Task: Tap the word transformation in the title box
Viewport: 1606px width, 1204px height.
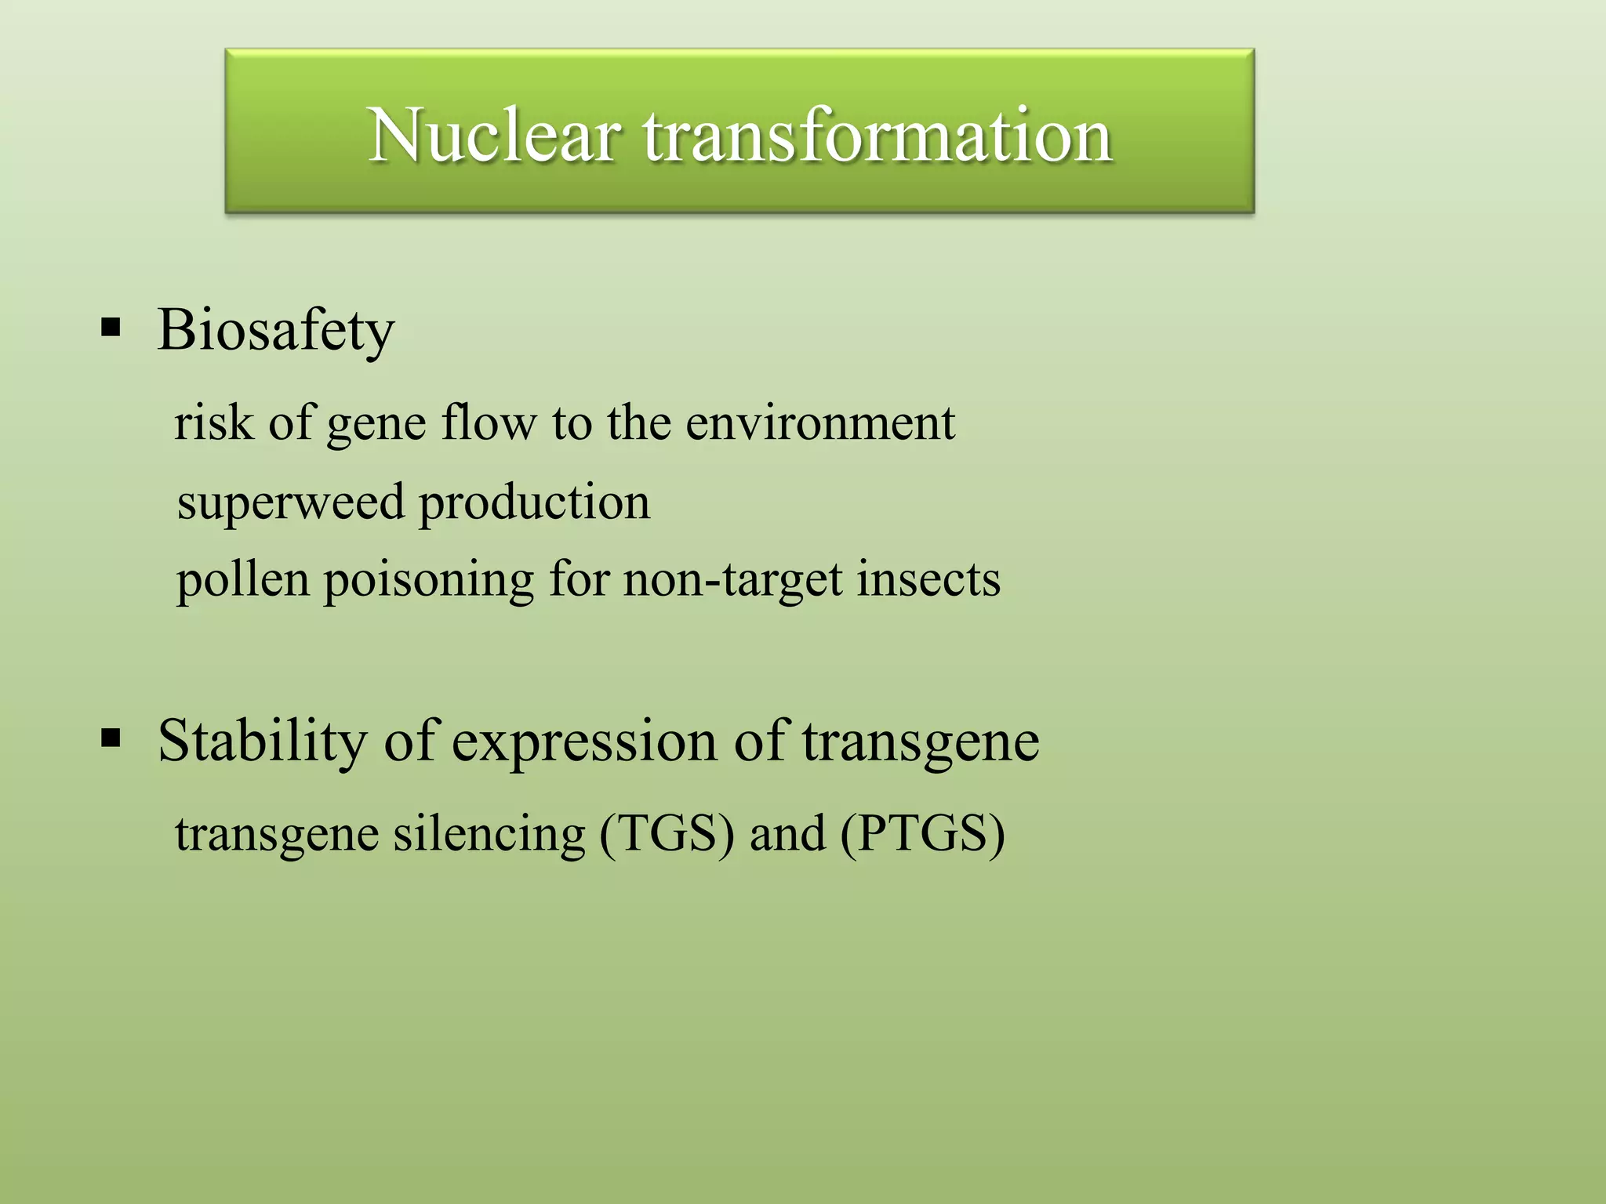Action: pyautogui.click(x=877, y=136)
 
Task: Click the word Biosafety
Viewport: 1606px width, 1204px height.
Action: pyautogui.click(x=275, y=331)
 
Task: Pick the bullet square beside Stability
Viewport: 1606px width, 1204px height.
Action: pyautogui.click(x=111, y=738)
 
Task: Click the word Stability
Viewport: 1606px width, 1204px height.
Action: pyautogui.click(x=262, y=741)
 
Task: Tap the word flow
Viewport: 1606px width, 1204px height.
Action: pyautogui.click(x=489, y=423)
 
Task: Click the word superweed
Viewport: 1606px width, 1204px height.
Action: pyautogui.click(x=290, y=503)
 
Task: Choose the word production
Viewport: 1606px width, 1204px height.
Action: pyautogui.click(x=534, y=503)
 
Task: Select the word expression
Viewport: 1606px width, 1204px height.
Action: pyautogui.click(x=584, y=742)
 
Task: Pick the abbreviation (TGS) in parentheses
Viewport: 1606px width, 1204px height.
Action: pyautogui.click(x=667, y=834)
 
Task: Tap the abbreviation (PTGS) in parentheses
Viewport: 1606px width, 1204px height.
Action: pyautogui.click(x=922, y=834)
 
